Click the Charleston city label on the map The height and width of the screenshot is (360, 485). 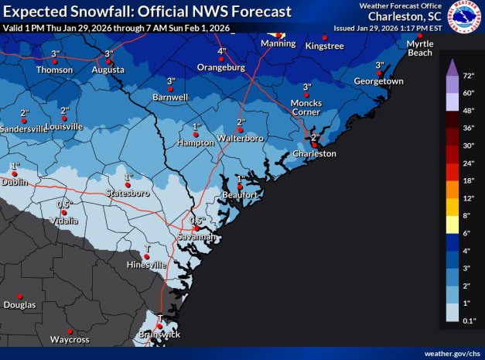[x=314, y=154]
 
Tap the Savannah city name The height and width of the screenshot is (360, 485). [x=196, y=237]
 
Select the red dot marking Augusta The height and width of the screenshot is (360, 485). [x=109, y=61]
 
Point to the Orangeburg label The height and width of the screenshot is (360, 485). [x=220, y=68]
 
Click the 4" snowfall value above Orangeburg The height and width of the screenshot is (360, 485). [x=222, y=51]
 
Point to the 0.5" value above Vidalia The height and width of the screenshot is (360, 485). [x=64, y=204]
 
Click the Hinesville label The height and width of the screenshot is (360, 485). [x=146, y=265]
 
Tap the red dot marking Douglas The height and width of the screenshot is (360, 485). [x=20, y=295]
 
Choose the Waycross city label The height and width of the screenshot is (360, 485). [x=70, y=340]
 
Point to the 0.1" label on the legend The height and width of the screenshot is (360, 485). [x=469, y=321]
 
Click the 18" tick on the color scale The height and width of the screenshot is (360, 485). [x=469, y=180]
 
